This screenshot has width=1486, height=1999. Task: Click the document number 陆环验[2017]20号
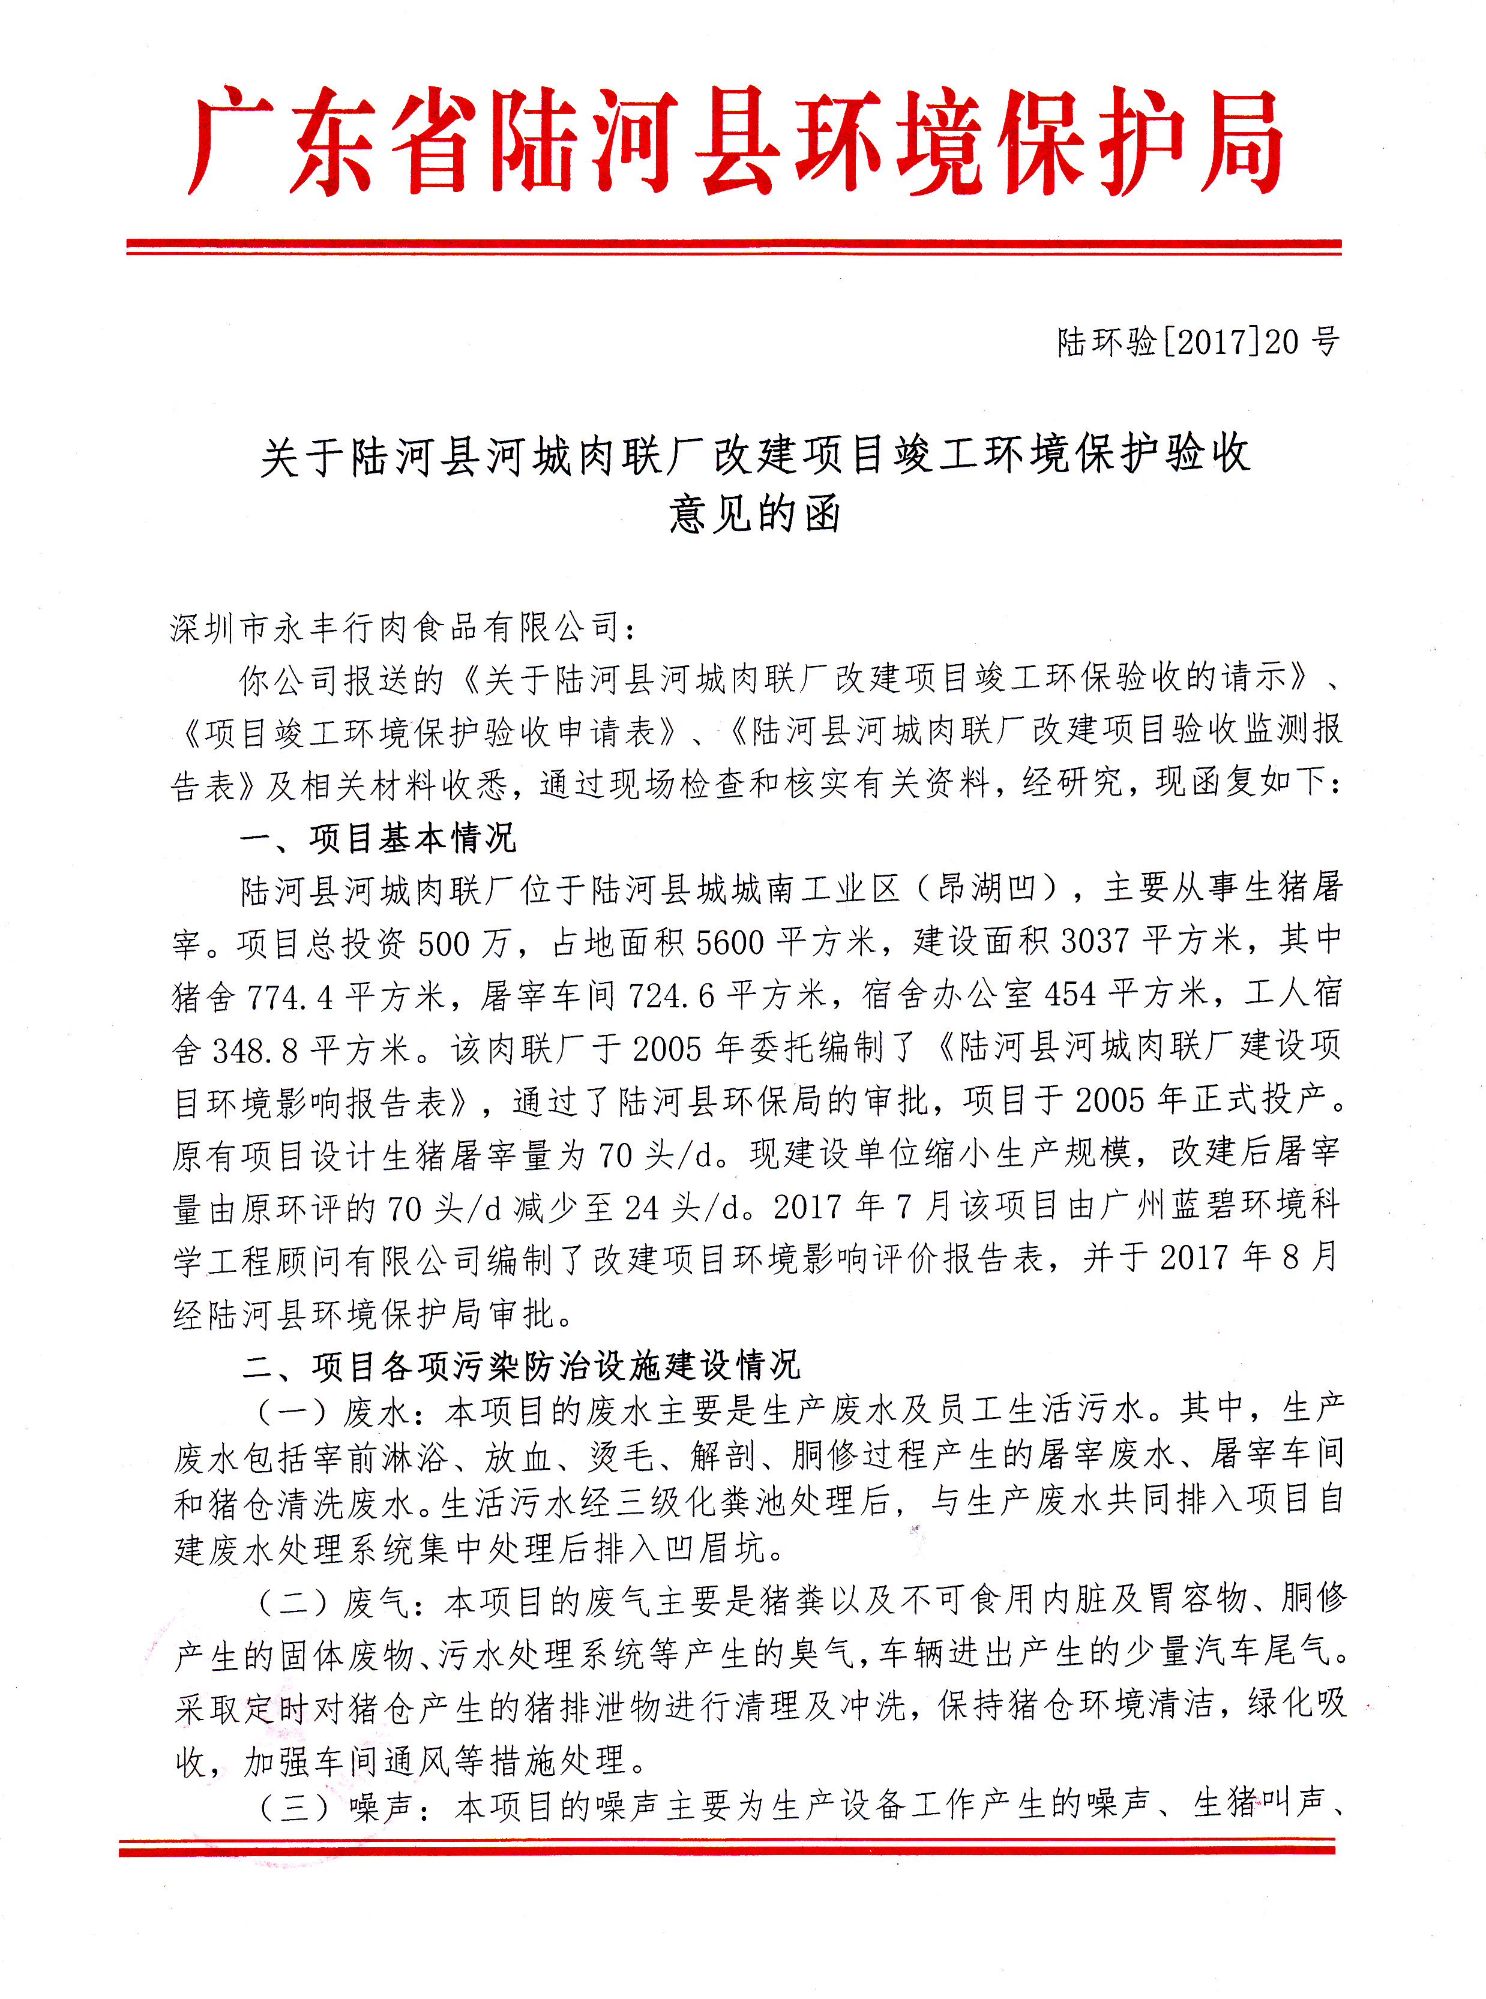coord(1197,342)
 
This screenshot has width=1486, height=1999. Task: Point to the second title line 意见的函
coord(754,514)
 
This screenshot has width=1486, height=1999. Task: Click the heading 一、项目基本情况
coord(378,838)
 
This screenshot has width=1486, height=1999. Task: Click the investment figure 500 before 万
coord(444,943)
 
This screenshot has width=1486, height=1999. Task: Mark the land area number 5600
coord(730,943)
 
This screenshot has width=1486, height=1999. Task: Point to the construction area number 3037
coord(1095,941)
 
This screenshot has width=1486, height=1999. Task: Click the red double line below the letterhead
coord(734,247)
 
